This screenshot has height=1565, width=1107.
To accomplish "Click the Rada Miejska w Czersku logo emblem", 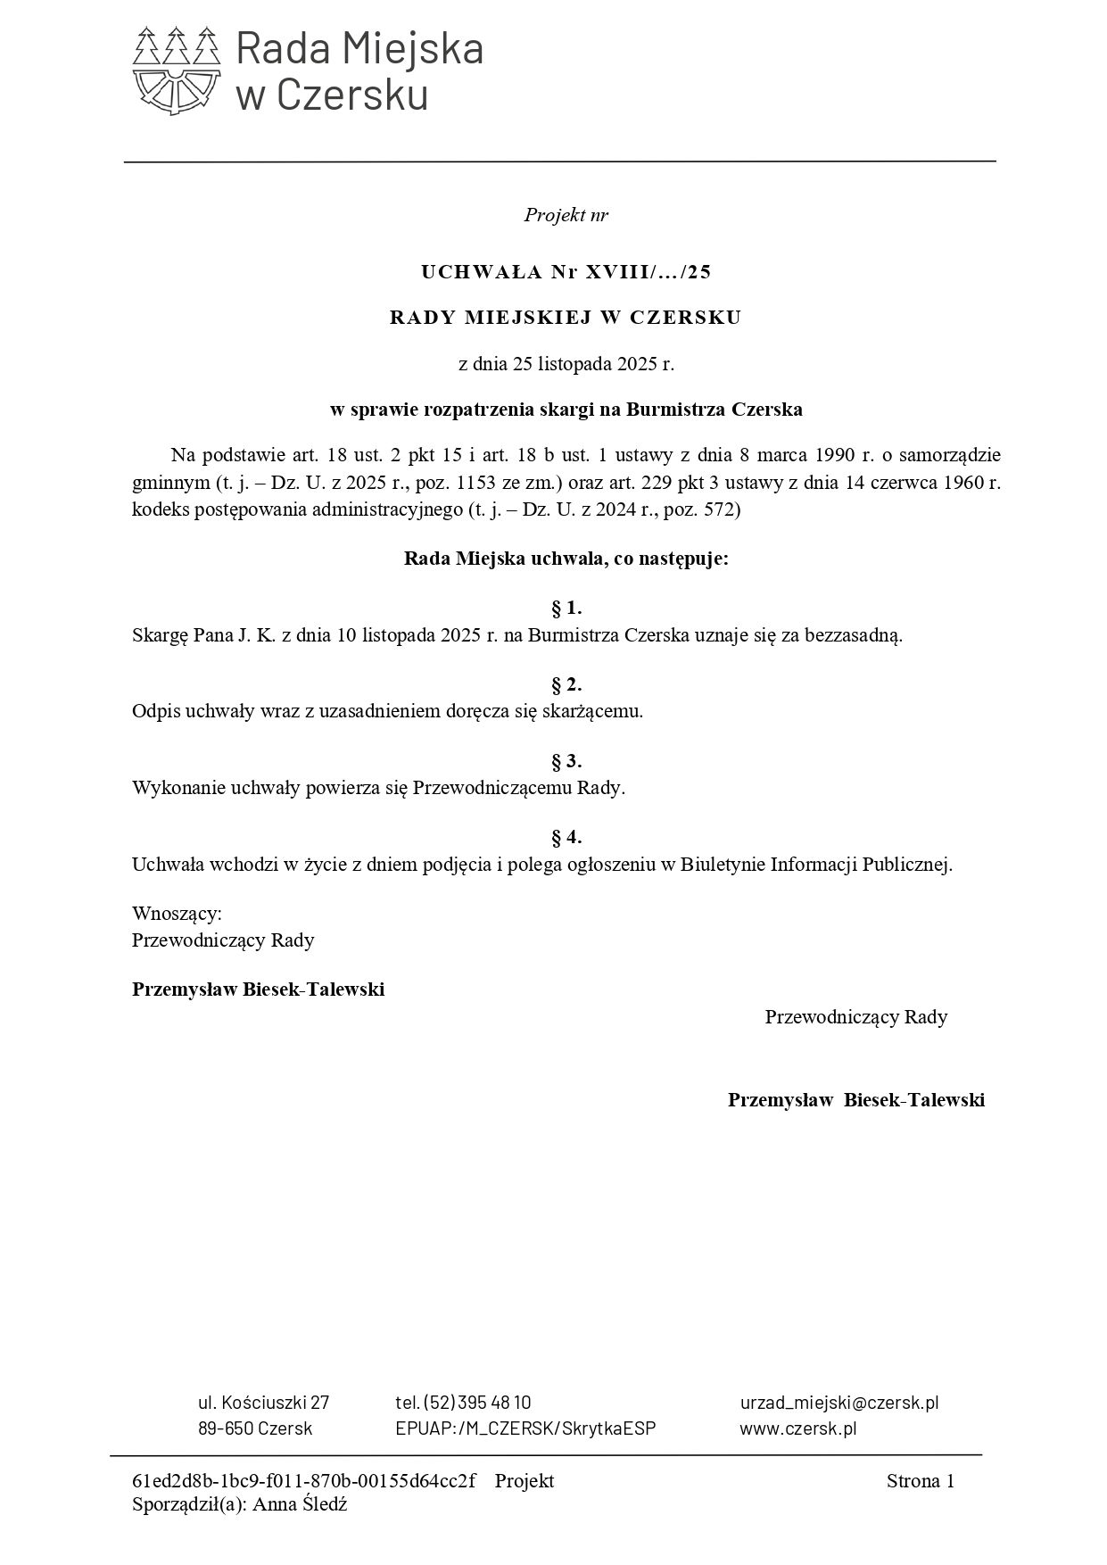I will click(176, 70).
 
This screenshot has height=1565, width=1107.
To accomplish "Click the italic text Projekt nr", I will click(566, 215).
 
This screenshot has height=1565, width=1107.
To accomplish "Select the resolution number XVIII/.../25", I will click(649, 272).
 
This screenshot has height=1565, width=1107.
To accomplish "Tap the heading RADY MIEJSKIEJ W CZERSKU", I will click(566, 318).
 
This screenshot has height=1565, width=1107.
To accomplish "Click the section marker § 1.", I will click(566, 609).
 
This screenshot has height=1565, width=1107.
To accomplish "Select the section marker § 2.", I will click(566, 685).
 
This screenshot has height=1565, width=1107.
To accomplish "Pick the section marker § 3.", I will click(566, 761).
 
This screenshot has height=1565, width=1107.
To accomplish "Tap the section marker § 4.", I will click(566, 837).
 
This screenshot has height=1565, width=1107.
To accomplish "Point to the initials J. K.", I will click(256, 636).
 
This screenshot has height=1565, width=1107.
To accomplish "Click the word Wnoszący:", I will click(177, 914).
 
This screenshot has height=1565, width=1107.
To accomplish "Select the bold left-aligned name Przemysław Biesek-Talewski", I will click(259, 990).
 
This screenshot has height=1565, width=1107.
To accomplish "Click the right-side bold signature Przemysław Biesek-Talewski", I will click(856, 1100).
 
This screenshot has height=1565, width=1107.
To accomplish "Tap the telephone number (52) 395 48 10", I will click(477, 1403).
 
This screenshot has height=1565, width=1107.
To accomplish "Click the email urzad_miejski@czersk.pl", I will click(839, 1403).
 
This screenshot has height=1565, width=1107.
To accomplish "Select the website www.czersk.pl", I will click(797, 1428).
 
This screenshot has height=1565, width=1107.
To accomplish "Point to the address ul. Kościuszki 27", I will click(263, 1403).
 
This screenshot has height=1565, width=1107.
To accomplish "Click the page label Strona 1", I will click(920, 1482).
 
